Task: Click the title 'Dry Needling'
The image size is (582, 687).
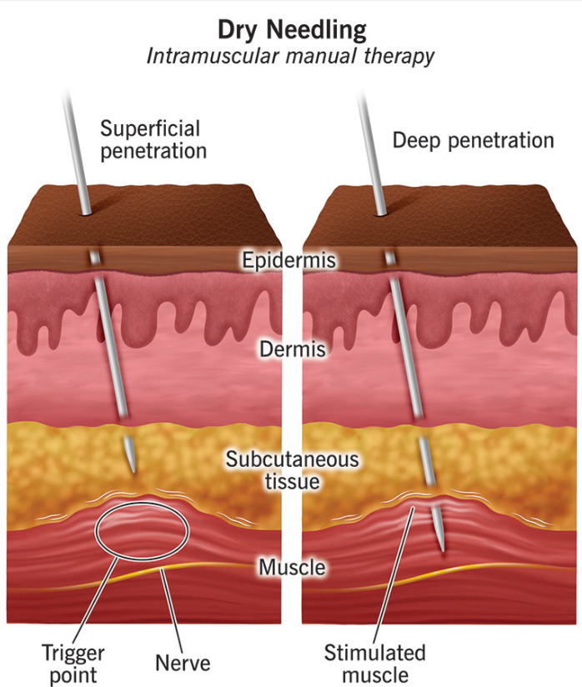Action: [x=291, y=30]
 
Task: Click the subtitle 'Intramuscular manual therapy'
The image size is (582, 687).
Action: [x=291, y=56]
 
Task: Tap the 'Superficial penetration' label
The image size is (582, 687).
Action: [x=153, y=139]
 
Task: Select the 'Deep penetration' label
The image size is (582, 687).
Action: [x=473, y=139]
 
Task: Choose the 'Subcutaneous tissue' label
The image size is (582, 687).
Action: [x=292, y=470]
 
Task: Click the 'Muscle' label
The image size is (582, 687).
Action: [x=290, y=568]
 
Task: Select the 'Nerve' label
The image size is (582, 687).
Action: [x=183, y=664]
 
